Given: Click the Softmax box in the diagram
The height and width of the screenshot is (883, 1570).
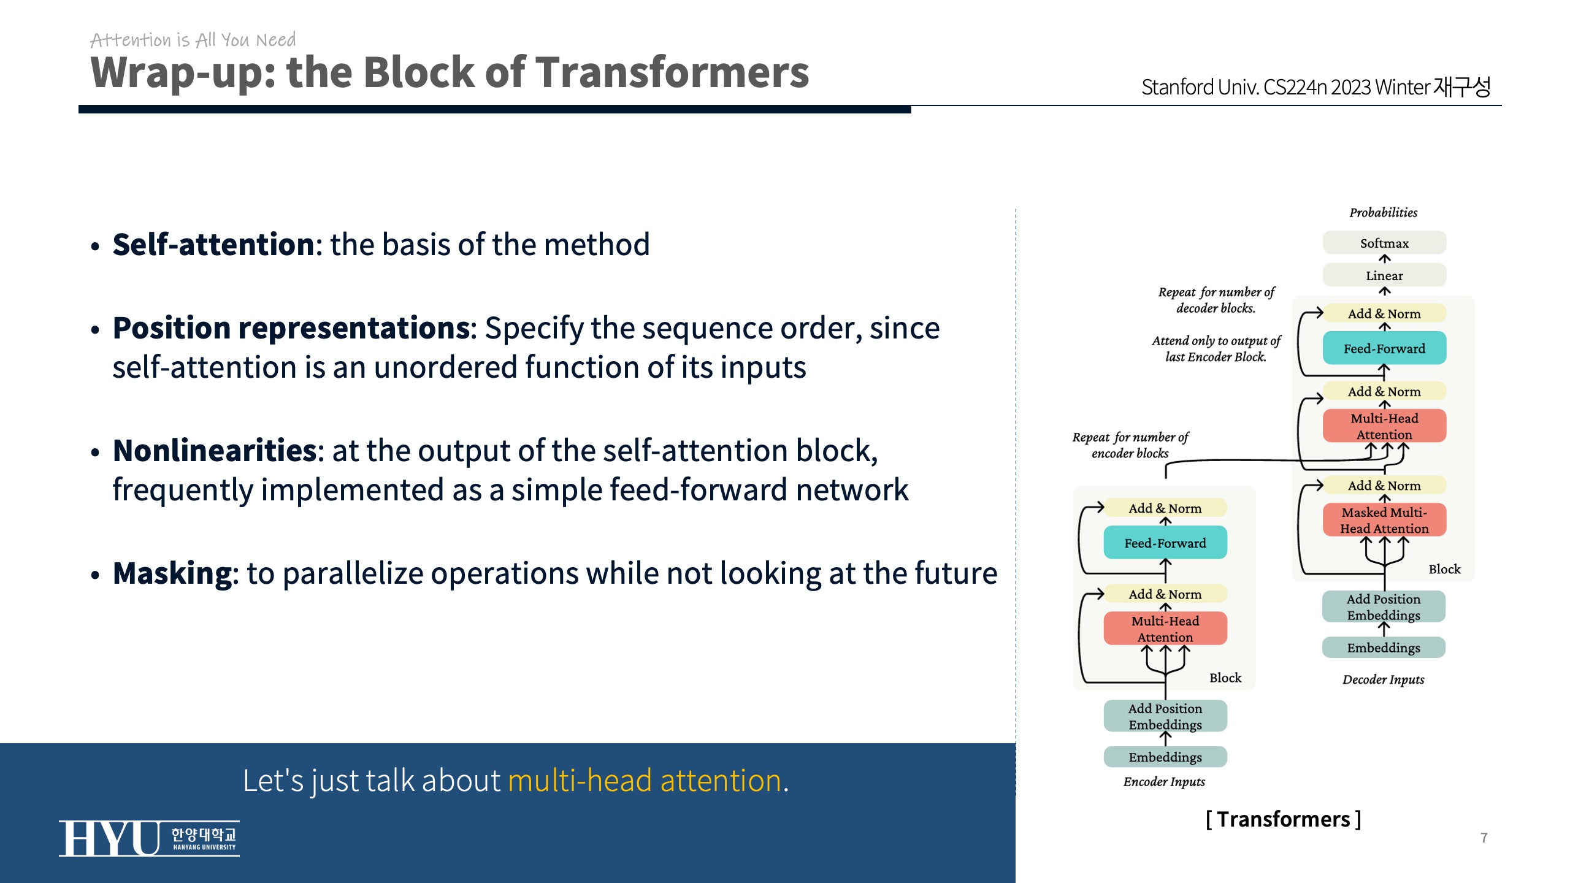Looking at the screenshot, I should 1384,243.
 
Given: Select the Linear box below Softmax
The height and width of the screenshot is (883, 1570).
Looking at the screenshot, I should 1384,275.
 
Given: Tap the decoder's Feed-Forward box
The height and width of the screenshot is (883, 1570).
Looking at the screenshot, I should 1384,348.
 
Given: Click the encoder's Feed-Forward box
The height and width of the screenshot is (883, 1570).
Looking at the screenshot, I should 1165,543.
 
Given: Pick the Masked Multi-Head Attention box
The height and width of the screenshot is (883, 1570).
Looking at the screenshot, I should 1384,520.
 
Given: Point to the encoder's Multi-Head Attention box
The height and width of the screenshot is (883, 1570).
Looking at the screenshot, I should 1165,629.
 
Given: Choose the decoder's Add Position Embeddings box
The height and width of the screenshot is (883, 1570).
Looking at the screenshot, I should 1383,606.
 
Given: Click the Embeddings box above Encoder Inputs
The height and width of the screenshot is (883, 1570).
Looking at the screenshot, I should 1165,757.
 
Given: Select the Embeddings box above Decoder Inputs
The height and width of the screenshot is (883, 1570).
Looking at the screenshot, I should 1383,648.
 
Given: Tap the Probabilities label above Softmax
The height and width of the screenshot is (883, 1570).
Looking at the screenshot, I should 1383,213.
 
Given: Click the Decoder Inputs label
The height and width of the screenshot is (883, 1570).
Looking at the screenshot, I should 1383,679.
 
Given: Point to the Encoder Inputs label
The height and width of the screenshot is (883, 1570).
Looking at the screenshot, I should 1164,782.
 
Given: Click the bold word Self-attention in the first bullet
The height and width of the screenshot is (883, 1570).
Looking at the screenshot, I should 213,245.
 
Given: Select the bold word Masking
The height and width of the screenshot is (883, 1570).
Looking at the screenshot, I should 172,574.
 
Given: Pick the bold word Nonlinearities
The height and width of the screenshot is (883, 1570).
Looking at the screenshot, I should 215,451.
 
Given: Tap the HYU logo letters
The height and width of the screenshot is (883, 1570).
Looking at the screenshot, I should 109,838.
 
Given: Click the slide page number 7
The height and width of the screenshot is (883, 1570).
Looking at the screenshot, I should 1484,838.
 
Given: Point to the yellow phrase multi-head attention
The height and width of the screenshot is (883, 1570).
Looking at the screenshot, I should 645,781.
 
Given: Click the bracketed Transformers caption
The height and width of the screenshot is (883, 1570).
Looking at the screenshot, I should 1283,819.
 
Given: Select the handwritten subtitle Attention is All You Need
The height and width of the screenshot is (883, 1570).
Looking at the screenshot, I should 193,40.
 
